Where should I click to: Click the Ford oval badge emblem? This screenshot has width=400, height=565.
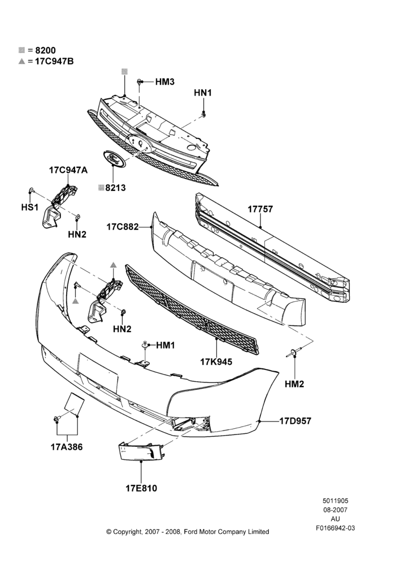coord(112,159)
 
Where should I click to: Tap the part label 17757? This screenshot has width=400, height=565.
coord(260,210)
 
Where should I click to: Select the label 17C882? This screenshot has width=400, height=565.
coord(123,227)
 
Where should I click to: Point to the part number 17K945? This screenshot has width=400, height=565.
coord(216,362)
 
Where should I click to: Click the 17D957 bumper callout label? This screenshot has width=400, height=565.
coord(295,421)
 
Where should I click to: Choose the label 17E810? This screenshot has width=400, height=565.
coord(141,489)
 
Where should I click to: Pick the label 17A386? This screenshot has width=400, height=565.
coord(67,447)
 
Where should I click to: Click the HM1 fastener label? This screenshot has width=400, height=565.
coord(166,346)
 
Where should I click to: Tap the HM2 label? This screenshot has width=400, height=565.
coord(294,384)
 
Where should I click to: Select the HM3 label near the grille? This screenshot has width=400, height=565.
coord(165,82)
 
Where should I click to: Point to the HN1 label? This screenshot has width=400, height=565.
coord(203,93)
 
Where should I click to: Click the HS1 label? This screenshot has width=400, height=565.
coord(30,207)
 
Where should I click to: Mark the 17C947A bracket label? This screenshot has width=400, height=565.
coord(68,170)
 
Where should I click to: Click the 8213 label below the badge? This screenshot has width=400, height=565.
coord(115,188)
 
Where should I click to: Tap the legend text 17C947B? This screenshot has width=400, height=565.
coord(54,61)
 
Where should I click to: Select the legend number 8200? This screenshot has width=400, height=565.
coord(45,50)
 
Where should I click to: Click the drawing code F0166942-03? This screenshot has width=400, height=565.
coord(336,528)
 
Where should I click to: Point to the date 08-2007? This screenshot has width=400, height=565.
coord(335,510)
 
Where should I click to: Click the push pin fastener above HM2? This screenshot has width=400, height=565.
coord(294,352)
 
